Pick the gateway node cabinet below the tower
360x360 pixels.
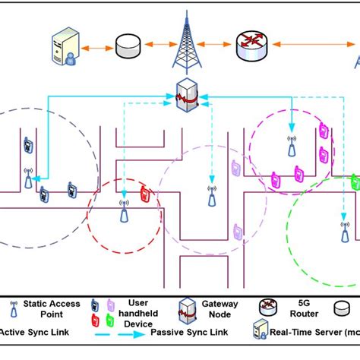(186, 97)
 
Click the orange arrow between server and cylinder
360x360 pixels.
(98, 49)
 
